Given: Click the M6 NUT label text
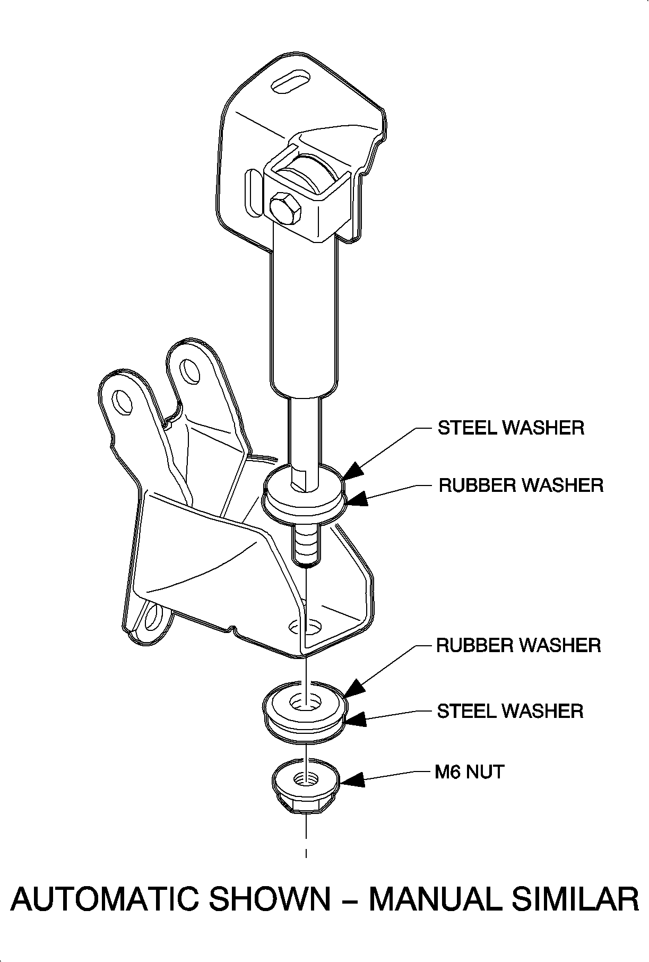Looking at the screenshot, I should pos(469,772).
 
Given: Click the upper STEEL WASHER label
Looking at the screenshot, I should pos(510,428).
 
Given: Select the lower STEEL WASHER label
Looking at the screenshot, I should pos(510,710).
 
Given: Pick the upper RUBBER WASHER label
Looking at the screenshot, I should pos(521,485).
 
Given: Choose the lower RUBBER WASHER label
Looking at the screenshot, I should pos(518,645).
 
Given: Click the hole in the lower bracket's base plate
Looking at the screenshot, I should pos(305,626).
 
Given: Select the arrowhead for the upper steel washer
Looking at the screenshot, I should pos(352,470).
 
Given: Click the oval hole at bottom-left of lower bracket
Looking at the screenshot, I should pos(153,617).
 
